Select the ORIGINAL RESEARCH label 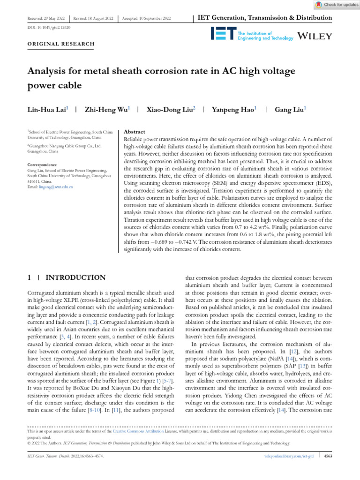click(x=61, y=44)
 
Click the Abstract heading click(x=134, y=132)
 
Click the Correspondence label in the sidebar click(x=42, y=165)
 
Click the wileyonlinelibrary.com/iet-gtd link click(x=287, y=455)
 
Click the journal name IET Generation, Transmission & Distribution click(x=265, y=18)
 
